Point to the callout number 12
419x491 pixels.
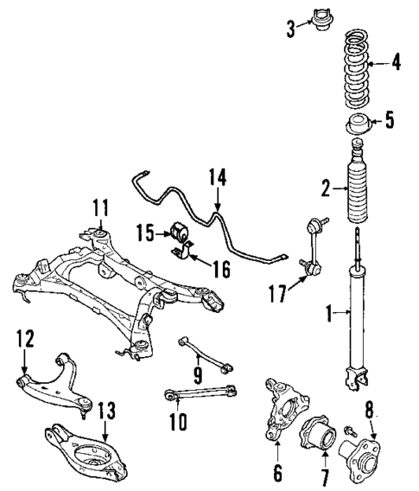click(x=23, y=337)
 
